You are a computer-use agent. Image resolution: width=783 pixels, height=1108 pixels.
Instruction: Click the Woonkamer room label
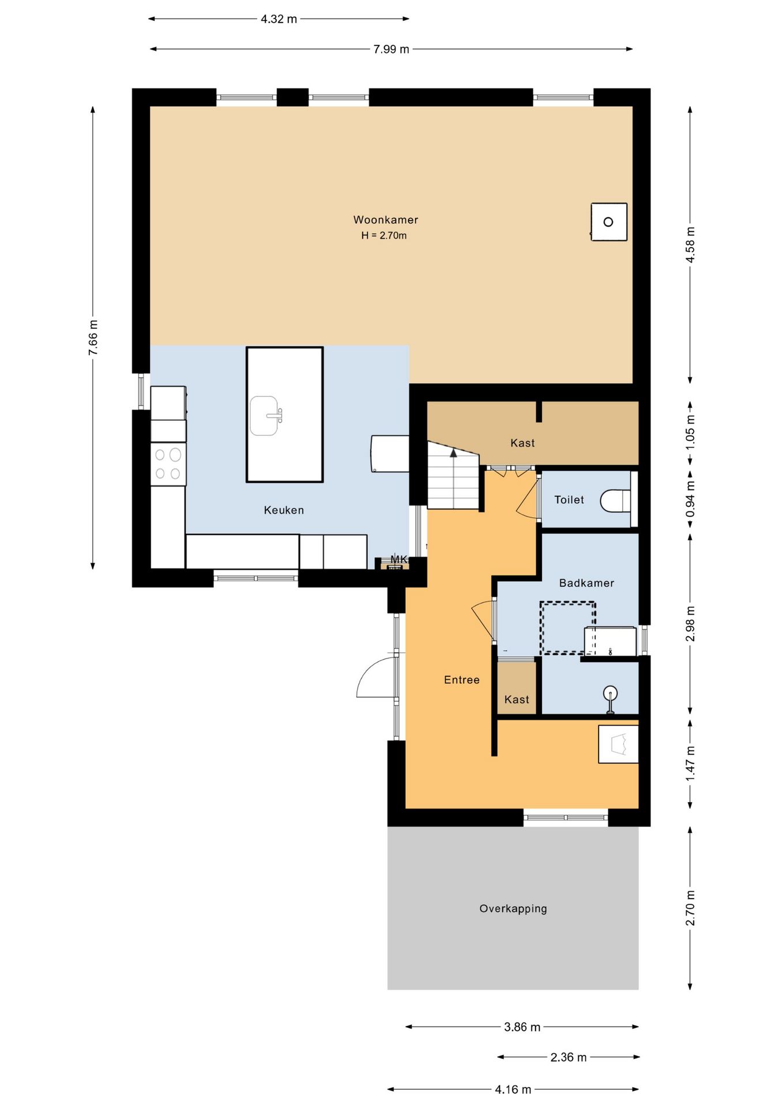point(385,220)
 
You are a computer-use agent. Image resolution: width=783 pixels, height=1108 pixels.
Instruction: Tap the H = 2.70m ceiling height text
point(384,235)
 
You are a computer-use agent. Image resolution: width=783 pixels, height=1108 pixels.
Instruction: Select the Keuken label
point(284,510)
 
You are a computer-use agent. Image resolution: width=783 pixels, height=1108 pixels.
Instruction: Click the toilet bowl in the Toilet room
point(615,500)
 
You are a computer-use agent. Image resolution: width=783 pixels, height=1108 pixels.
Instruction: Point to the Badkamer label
point(586,583)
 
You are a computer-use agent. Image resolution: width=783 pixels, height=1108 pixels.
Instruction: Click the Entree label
point(462,680)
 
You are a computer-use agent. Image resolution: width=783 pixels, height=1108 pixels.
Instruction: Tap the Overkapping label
point(513,908)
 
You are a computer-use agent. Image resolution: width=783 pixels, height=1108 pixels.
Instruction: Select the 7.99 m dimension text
point(391,49)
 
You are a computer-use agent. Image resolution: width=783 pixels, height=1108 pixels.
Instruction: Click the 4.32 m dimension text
point(279,19)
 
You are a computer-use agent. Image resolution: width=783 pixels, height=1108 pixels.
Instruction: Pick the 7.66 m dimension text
point(93,338)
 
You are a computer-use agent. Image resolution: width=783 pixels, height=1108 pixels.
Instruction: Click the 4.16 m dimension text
point(513,1090)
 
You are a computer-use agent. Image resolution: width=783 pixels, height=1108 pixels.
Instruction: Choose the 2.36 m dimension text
point(569,1057)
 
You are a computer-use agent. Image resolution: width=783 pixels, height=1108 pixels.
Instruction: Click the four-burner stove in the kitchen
point(168,464)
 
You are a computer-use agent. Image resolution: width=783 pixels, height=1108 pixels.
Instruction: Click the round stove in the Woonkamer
point(609,222)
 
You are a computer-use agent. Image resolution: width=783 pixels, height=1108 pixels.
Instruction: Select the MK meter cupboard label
point(398,559)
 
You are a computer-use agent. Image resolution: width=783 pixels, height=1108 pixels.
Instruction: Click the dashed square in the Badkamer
point(568,628)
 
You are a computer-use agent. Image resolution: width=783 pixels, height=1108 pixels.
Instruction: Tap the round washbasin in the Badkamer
point(610,693)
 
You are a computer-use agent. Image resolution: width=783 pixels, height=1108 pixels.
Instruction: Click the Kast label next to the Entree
point(517,699)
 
